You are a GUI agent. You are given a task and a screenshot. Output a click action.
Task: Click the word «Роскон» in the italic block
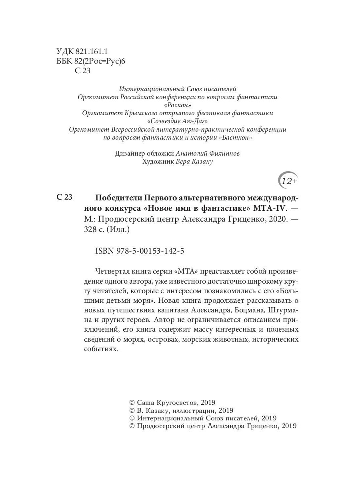178,105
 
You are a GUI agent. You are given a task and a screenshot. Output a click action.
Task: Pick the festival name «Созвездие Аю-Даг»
178,121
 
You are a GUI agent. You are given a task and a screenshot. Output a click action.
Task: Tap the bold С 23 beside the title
64,197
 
